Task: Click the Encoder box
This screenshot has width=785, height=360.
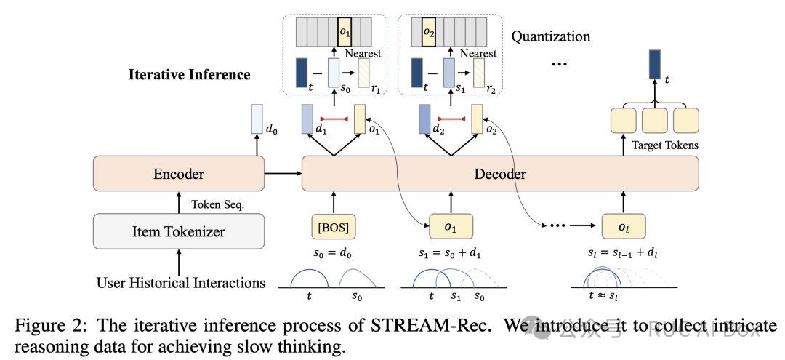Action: pyautogui.click(x=178, y=174)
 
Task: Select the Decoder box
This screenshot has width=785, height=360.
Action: pyautogui.click(x=500, y=174)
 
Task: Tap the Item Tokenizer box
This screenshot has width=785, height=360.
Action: pyautogui.click(x=178, y=232)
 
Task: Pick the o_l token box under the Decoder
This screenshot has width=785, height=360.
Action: pyautogui.click(x=624, y=226)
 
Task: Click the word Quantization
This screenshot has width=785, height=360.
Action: pyautogui.click(x=551, y=36)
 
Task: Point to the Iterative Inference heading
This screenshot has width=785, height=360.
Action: pyautogui.click(x=189, y=74)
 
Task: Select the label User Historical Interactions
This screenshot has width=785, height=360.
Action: pyautogui.click(x=180, y=282)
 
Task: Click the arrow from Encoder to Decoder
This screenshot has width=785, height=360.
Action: pyautogui.click(x=283, y=174)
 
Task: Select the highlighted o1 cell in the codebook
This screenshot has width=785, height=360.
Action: pyautogui.click(x=346, y=32)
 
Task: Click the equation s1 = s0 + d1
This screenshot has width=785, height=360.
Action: pyautogui.click(x=452, y=257)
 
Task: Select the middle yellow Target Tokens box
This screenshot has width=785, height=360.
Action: pyautogui.click(x=654, y=120)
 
